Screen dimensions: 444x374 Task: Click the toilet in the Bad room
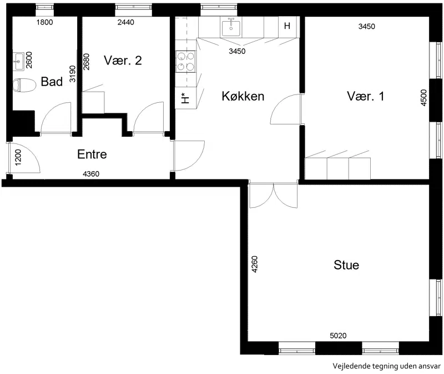pos(24,85)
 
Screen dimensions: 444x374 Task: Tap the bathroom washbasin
pos(19,61)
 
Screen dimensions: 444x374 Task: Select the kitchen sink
pos(231,27)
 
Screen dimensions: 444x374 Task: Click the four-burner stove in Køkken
pos(185,61)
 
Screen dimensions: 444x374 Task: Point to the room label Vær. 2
pos(123,61)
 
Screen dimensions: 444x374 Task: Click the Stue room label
pos(346,265)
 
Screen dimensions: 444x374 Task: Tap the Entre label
pos(92,154)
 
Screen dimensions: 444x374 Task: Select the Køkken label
pos(243,96)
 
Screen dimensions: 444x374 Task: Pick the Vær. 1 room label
pos(366,96)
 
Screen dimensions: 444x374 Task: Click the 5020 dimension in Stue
pos(338,336)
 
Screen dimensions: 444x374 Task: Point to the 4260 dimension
pos(255,265)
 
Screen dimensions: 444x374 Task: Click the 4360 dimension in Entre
pos(91,174)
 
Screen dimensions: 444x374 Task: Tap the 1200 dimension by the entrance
pos(18,158)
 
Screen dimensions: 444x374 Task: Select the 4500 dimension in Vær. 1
pos(423,98)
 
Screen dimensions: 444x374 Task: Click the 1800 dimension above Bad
pos(45,22)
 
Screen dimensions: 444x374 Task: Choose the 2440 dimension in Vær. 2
pos(126,22)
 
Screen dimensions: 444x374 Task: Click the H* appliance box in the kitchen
pos(185,98)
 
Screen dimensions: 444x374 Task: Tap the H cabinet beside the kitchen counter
pos(287,26)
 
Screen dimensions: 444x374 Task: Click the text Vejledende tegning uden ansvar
pos(386,366)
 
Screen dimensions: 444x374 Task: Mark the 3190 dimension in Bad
pos(73,74)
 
